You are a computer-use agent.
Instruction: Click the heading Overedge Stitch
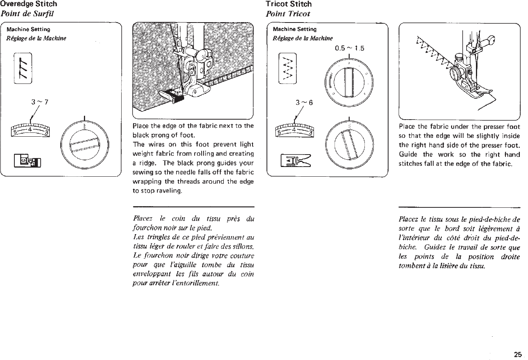pyautogui.click(x=28, y=4)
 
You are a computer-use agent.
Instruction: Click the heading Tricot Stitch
pyautogui.click(x=288, y=4)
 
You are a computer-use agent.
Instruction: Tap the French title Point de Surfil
pyautogui.click(x=26, y=14)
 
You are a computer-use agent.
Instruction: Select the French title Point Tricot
pyautogui.click(x=288, y=14)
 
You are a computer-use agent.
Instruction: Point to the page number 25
pyautogui.click(x=518, y=354)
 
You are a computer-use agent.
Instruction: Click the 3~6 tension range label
pyautogui.click(x=304, y=103)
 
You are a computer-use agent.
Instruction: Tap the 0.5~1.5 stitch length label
pyautogui.click(x=349, y=49)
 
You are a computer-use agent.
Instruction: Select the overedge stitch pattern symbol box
pyautogui.click(x=23, y=68)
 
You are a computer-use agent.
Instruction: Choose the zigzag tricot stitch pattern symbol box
pyautogui.click(x=288, y=68)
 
